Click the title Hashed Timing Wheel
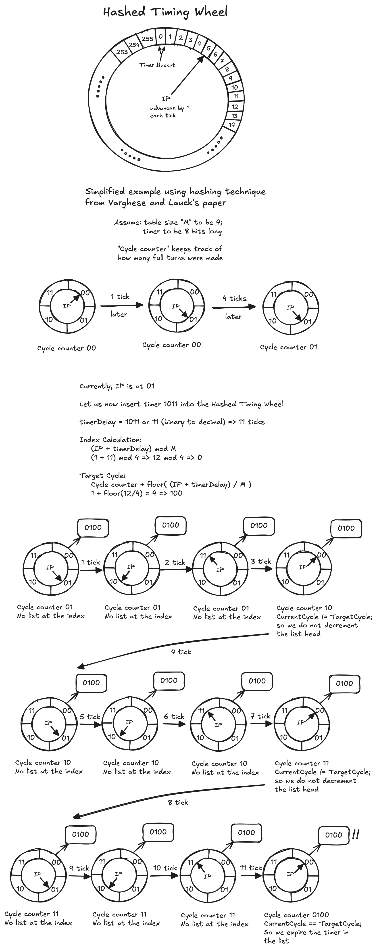click(x=165, y=12)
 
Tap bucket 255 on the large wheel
click(x=147, y=38)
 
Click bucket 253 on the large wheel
click(x=122, y=52)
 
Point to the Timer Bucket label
click(x=157, y=65)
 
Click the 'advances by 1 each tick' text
click(x=169, y=112)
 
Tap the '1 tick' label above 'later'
click(x=120, y=297)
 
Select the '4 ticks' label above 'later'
click(x=234, y=298)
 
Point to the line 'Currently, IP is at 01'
click(x=117, y=386)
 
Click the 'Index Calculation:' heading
click(x=110, y=439)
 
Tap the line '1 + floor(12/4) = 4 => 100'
click(x=136, y=493)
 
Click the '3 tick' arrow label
click(x=261, y=561)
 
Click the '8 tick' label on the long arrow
click(x=178, y=802)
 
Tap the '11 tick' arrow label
click(x=251, y=868)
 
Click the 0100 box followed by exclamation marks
click(x=333, y=835)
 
